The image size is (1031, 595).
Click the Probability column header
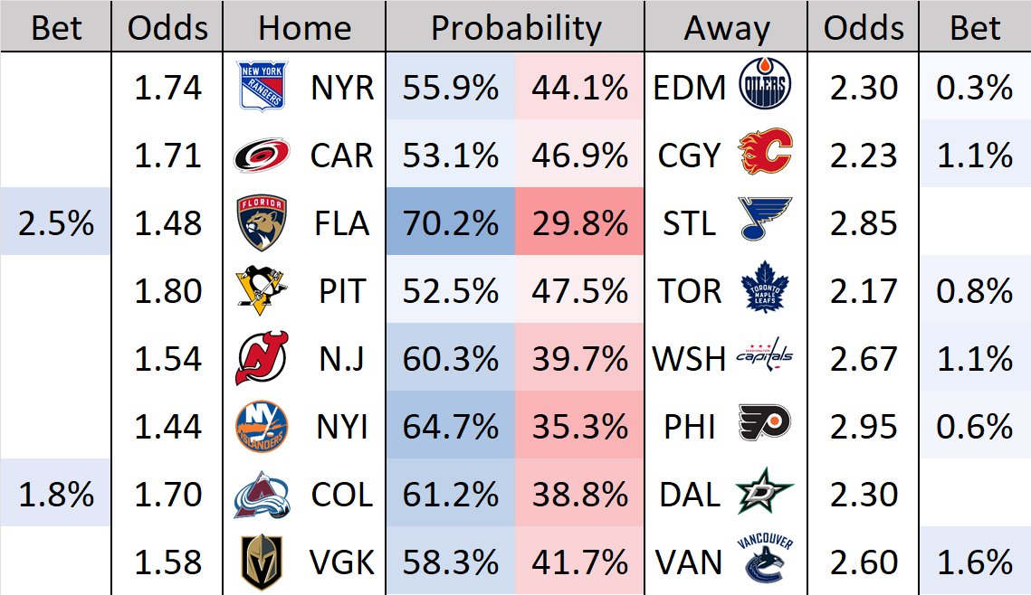[x=515, y=29]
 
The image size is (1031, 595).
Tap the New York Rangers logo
[x=262, y=87]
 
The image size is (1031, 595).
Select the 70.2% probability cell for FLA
[x=451, y=223]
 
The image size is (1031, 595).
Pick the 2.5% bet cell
[x=56, y=223]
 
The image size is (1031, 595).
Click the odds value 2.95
[x=864, y=427]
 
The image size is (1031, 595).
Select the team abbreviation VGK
[x=341, y=563]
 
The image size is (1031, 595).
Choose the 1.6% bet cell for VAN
[x=975, y=563]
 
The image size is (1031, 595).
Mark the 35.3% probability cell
[x=580, y=427]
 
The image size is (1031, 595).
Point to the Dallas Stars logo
[x=765, y=495]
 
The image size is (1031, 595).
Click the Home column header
[x=304, y=29]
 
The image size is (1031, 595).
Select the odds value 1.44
[x=167, y=427]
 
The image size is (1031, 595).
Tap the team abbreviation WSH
[x=689, y=359]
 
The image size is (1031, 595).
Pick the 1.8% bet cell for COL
[x=56, y=495]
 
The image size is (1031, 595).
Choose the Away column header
[x=726, y=29]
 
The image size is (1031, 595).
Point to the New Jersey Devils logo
[x=262, y=359]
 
